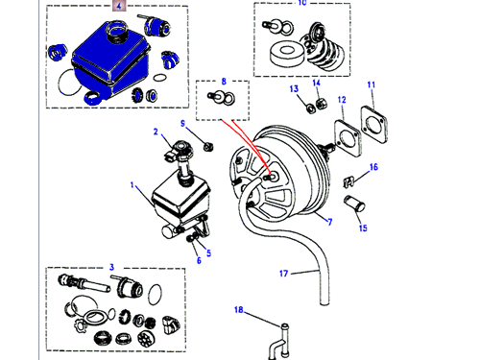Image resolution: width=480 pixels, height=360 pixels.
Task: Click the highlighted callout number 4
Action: click(x=119, y=6)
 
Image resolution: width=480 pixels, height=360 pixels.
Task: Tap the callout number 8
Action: click(x=224, y=82)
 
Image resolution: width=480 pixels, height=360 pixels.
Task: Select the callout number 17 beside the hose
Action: click(x=283, y=274)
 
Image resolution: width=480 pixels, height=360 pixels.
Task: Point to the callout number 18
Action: click(x=239, y=310)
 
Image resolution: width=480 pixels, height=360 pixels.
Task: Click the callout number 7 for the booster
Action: click(x=330, y=222)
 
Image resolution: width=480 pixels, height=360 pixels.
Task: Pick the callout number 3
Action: click(x=111, y=267)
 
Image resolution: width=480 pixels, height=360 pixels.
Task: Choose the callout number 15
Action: click(x=363, y=228)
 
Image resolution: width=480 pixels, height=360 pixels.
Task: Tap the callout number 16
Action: click(x=373, y=167)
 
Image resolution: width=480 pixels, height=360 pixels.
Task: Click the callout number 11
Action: click(x=372, y=84)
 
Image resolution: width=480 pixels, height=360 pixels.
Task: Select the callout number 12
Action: click(x=342, y=100)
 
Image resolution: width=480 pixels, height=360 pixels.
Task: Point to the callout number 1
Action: click(x=132, y=185)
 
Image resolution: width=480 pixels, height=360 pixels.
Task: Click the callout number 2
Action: click(x=156, y=132)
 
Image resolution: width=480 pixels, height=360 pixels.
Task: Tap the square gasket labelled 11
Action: click(x=374, y=125)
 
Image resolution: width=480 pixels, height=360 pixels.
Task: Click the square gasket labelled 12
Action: click(x=348, y=138)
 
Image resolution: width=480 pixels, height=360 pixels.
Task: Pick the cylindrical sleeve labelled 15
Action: click(x=354, y=204)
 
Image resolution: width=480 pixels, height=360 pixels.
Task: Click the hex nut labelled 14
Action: click(x=321, y=103)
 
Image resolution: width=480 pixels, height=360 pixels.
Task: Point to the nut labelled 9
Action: click(x=208, y=147)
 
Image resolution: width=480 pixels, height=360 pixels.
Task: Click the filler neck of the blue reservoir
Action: click(x=117, y=31)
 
